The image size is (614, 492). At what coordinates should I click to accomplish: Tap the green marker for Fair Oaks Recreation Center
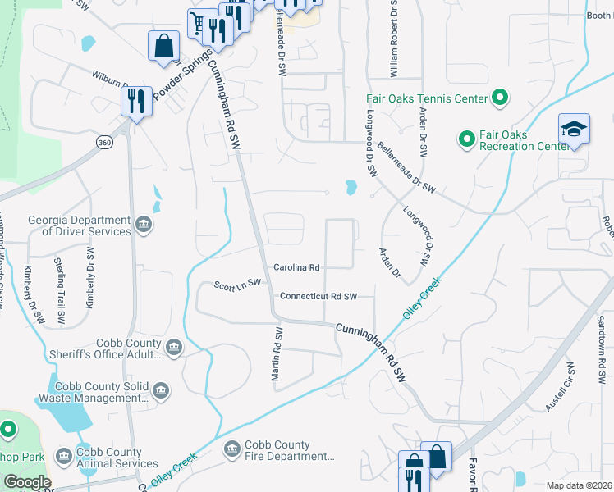tap(466, 139)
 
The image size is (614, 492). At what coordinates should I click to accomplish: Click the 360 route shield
tap(104, 143)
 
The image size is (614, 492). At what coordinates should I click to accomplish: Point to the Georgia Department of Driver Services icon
tap(144, 225)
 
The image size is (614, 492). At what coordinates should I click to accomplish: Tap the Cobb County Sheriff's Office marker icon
tap(174, 348)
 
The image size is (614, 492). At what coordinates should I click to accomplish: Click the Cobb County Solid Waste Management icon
tap(161, 391)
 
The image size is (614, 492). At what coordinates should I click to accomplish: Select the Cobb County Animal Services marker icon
tap(64, 456)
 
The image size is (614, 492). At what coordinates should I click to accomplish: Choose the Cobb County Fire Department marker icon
tap(232, 449)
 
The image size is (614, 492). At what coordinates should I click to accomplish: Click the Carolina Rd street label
tap(296, 268)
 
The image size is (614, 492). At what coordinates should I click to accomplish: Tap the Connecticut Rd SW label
tap(318, 296)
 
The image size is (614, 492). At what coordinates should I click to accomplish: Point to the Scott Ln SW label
tap(237, 284)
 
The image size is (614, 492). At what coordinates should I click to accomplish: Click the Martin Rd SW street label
tap(277, 355)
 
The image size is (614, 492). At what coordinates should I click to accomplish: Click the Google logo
tap(26, 482)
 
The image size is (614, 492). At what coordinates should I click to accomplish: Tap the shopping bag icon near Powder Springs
tap(163, 45)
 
